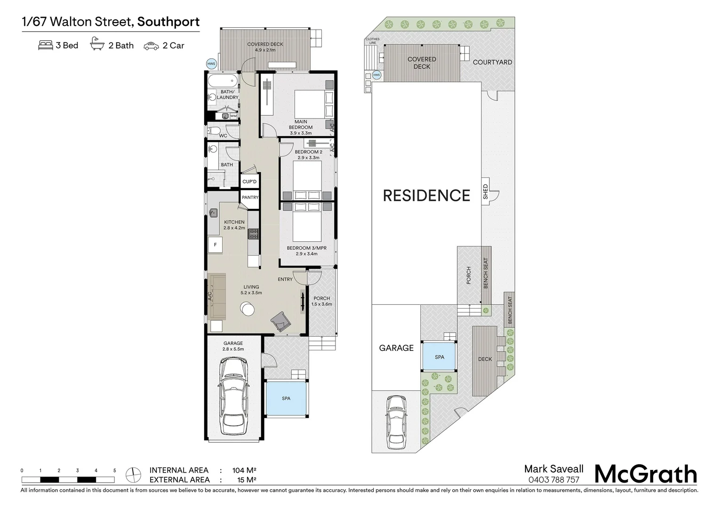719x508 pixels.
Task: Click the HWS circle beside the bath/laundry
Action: (x=211, y=64)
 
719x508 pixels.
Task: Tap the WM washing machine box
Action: (x=233, y=116)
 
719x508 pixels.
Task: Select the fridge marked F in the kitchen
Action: (x=216, y=245)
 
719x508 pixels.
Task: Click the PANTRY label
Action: (x=250, y=198)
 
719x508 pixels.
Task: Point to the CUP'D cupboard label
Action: (x=249, y=182)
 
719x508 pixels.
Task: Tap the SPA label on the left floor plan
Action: (x=286, y=398)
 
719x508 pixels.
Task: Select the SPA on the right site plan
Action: (x=439, y=357)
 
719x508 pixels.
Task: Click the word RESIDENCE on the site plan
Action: (x=426, y=196)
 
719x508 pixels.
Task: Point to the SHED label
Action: (x=485, y=191)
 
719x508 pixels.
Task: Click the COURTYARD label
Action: (x=492, y=62)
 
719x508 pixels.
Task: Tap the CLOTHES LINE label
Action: (x=372, y=41)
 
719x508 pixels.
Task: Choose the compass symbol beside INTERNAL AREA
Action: (x=133, y=475)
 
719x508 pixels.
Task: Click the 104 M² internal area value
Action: (x=244, y=470)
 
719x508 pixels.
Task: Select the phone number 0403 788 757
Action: (x=554, y=480)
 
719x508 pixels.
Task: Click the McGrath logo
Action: (x=646, y=474)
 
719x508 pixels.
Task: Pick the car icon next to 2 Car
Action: (x=152, y=46)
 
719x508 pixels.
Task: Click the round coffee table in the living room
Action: (x=248, y=309)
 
